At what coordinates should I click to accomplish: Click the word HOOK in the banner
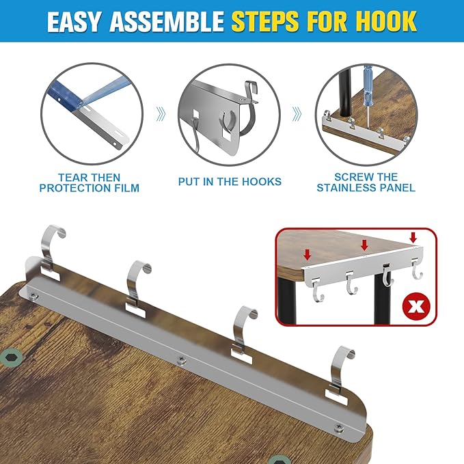pyautogui.click(x=386, y=21)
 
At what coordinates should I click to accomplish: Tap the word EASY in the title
pyautogui.click(x=74, y=22)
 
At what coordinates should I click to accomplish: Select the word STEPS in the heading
pyautogui.click(x=265, y=21)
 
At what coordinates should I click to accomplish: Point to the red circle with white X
pyautogui.click(x=416, y=307)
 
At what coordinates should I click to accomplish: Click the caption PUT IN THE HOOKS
pyautogui.click(x=230, y=181)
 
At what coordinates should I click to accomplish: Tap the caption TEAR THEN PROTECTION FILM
pyautogui.click(x=90, y=182)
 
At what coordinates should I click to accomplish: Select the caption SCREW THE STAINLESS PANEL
pyautogui.click(x=366, y=182)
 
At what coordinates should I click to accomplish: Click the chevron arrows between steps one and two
pyautogui.click(x=161, y=114)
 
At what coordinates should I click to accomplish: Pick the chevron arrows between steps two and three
pyautogui.click(x=297, y=114)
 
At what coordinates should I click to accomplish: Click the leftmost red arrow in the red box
pyautogui.click(x=308, y=254)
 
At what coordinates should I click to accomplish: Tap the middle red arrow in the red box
pyautogui.click(x=365, y=245)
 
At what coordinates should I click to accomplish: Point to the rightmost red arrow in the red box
pyautogui.click(x=413, y=237)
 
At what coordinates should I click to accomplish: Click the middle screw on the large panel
pyautogui.click(x=181, y=360)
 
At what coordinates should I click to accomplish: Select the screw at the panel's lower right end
pyautogui.click(x=339, y=427)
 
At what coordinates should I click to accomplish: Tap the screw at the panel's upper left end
pyautogui.click(x=33, y=295)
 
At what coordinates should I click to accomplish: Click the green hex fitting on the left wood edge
pyautogui.click(x=11, y=357)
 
